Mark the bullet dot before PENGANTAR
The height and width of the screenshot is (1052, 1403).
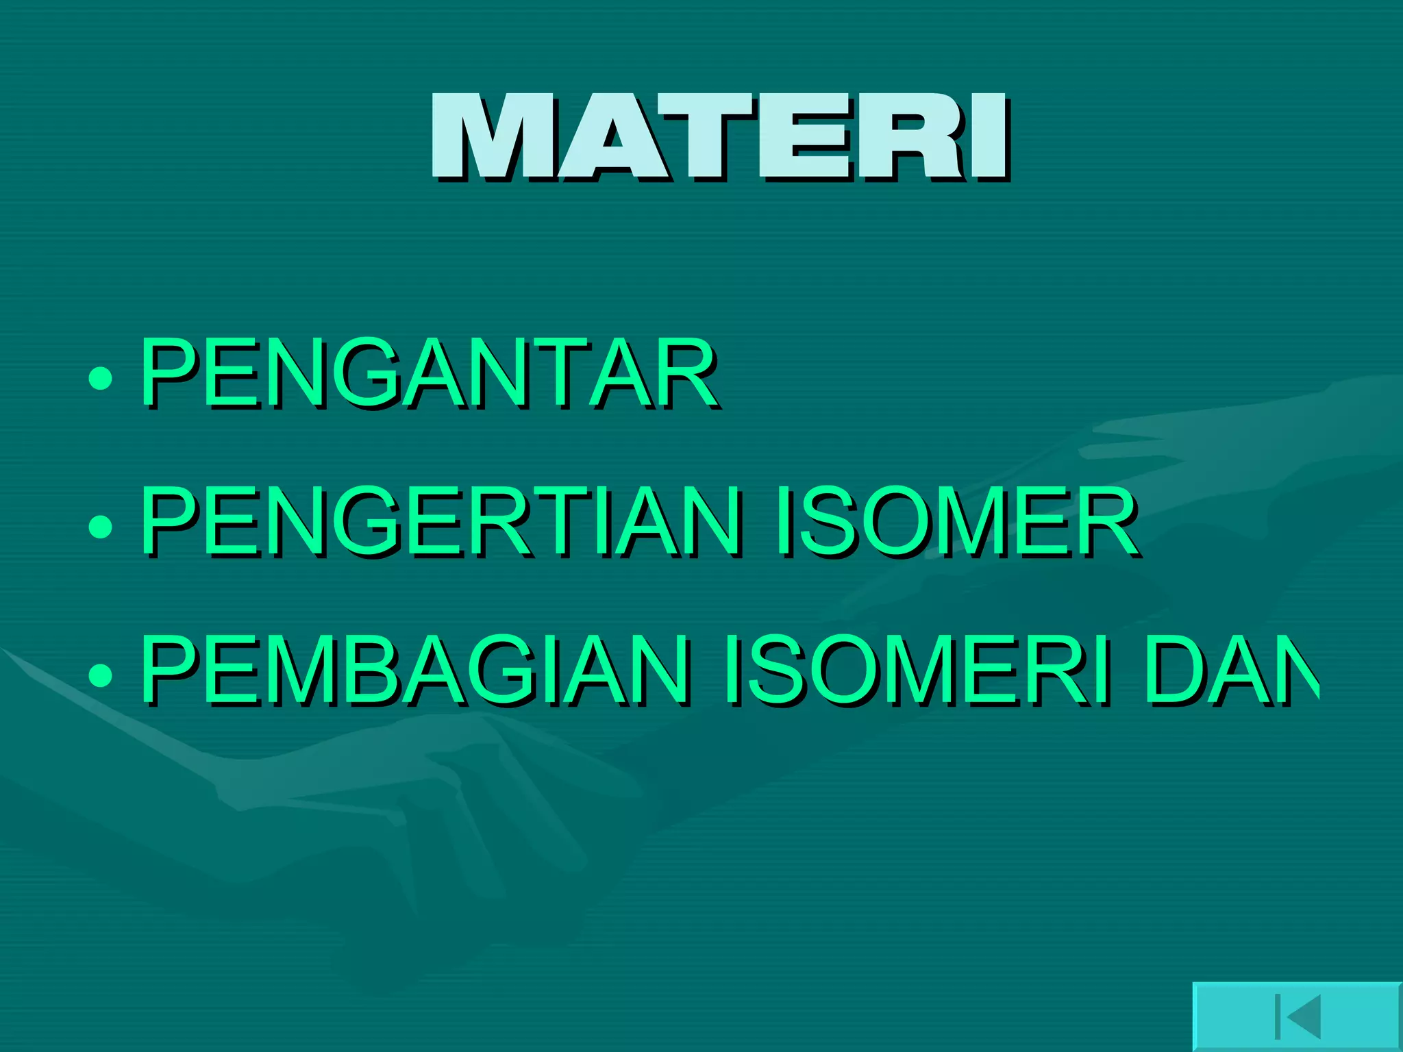101,378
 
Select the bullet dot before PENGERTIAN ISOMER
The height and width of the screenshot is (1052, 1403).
101,526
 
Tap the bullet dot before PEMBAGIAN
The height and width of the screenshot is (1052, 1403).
101,675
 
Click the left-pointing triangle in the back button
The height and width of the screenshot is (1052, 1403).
1303,1016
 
